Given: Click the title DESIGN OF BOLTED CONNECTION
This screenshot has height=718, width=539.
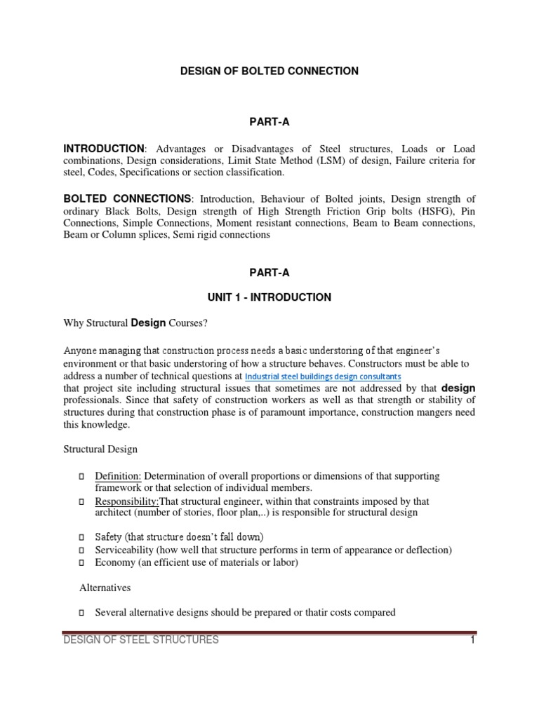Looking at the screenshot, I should (x=269, y=71).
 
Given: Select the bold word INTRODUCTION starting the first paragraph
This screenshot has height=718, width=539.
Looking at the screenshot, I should (x=104, y=149).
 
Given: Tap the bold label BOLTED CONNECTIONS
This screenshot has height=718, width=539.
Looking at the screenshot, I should (x=127, y=198).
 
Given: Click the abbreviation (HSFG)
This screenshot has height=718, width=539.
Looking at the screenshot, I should (x=417, y=212).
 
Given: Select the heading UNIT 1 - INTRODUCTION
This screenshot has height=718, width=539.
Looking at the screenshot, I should (x=269, y=297).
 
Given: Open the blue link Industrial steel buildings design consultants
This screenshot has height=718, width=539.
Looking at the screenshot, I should (x=323, y=377).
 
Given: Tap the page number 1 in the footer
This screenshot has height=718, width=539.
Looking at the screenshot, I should (x=472, y=639).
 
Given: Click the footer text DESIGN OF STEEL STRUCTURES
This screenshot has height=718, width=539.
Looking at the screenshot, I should (x=141, y=639).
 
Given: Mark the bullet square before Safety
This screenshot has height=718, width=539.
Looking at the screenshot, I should (x=82, y=537).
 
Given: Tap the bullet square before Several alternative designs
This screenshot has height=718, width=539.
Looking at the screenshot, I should (x=82, y=613).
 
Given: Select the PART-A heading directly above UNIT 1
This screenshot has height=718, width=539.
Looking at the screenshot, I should (x=269, y=272).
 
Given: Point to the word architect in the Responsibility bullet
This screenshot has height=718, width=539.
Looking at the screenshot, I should (x=114, y=513).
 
